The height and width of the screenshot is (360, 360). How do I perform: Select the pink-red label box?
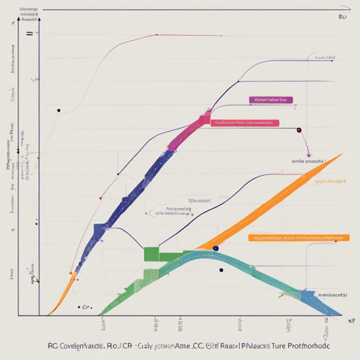(x=245, y=122)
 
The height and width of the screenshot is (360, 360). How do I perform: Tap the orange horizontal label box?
(x=298, y=238)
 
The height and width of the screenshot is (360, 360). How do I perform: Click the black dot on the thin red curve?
(x=58, y=110)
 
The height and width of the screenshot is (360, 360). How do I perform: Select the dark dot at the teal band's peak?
(x=215, y=248)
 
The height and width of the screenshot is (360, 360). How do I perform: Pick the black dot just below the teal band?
(x=221, y=270)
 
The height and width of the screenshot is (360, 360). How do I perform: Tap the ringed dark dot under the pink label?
(x=299, y=130)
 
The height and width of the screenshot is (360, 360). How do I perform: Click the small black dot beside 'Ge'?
(x=77, y=307)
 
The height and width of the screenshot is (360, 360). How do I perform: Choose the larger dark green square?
(x=152, y=253)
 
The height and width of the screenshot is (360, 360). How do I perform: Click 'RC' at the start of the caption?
(x=53, y=347)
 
